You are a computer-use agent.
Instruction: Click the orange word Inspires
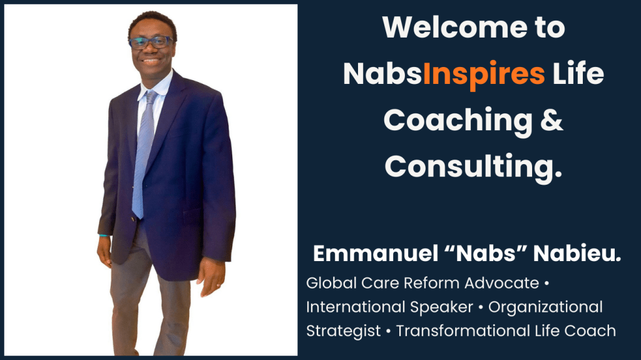484,75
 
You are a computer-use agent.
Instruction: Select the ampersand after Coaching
551,120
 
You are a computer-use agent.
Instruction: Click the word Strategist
344,331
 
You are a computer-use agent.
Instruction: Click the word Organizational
545,307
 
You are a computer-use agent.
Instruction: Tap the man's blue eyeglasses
150,42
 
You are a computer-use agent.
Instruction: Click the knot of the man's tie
151,97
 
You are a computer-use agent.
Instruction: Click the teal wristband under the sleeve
103,235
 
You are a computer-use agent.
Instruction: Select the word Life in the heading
578,74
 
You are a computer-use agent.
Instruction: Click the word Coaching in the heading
458,121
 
